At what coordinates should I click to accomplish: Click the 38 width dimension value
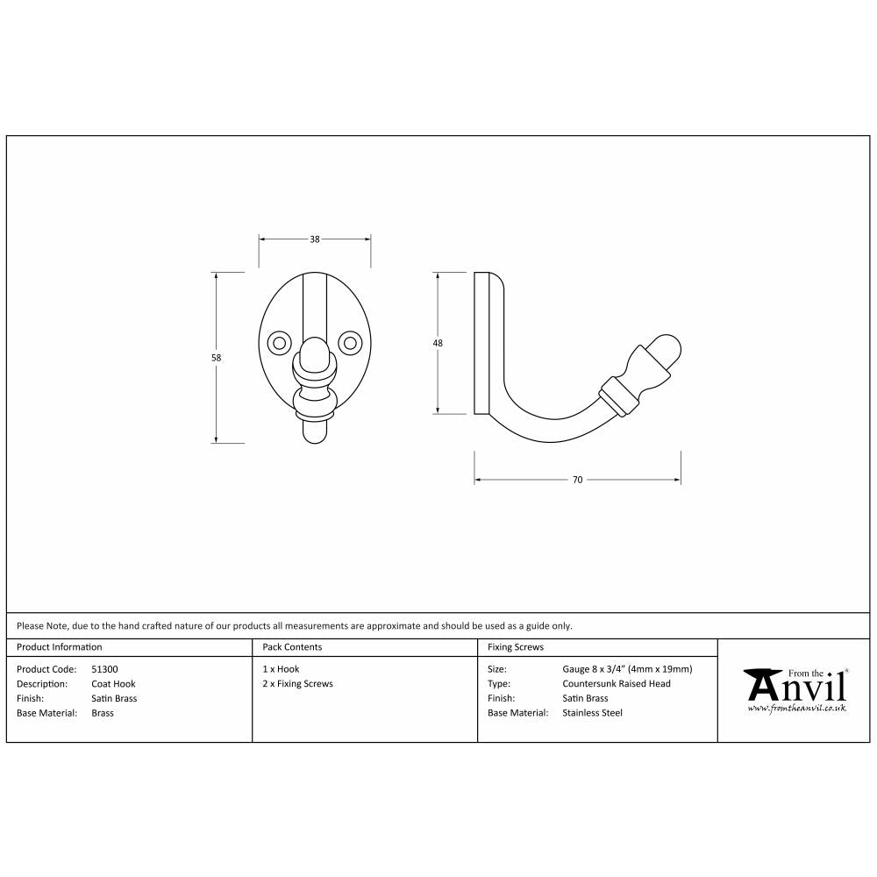(x=314, y=239)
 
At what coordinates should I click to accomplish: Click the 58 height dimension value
(x=217, y=358)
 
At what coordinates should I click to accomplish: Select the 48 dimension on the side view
(x=438, y=343)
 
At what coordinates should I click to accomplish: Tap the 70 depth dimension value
(x=577, y=480)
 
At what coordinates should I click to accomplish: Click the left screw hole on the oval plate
(x=280, y=341)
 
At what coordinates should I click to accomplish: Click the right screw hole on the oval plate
(x=349, y=341)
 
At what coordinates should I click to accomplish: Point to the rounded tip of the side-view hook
(x=671, y=348)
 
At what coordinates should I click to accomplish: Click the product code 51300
(x=105, y=669)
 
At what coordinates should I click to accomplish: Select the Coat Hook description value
(x=113, y=684)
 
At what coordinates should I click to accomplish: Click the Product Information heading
(x=60, y=647)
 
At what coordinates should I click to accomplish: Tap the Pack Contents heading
(x=292, y=647)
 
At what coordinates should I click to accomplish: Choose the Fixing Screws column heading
(x=515, y=647)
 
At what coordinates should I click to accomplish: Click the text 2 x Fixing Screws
(x=297, y=684)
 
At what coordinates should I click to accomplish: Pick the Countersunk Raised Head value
(x=616, y=684)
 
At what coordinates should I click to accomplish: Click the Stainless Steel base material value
(x=592, y=713)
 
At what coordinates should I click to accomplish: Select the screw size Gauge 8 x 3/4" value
(x=626, y=669)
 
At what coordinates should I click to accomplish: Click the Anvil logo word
(x=794, y=685)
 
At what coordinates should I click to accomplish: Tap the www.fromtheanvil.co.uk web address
(x=796, y=707)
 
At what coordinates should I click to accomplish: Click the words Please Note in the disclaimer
(x=41, y=626)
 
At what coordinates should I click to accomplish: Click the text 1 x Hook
(x=281, y=669)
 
